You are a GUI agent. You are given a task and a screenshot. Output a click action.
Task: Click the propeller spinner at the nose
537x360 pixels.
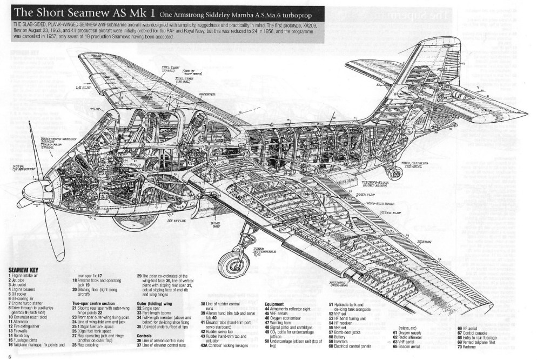pos(24,202)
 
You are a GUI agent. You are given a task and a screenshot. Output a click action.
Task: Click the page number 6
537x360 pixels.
pos(9,356)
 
